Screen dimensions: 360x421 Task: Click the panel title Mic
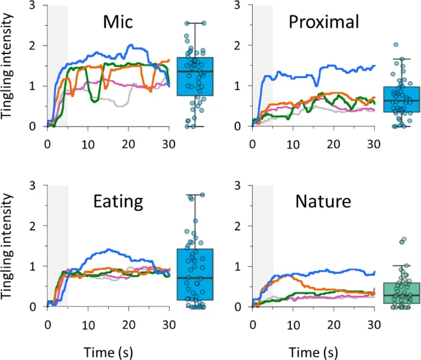click(118, 24)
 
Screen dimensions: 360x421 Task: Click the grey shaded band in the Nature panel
click(262, 246)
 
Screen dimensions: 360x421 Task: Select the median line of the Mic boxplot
click(195, 71)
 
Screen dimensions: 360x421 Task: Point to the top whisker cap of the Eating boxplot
click(195, 195)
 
